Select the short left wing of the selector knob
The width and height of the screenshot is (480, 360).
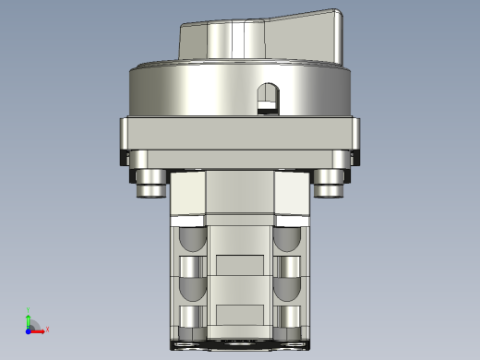[x=192, y=39]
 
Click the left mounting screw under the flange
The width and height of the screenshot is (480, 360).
[x=150, y=185]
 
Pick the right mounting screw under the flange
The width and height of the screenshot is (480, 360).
[x=329, y=185]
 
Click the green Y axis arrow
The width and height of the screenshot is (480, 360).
[x=29, y=318]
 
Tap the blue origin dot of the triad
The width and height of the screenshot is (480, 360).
[x=28, y=329]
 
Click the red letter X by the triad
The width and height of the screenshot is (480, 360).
[x=46, y=329]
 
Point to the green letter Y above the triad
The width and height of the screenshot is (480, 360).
[x=30, y=310]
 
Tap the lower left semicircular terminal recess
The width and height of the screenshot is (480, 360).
[x=191, y=290]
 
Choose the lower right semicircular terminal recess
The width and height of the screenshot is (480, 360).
[x=285, y=290]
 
